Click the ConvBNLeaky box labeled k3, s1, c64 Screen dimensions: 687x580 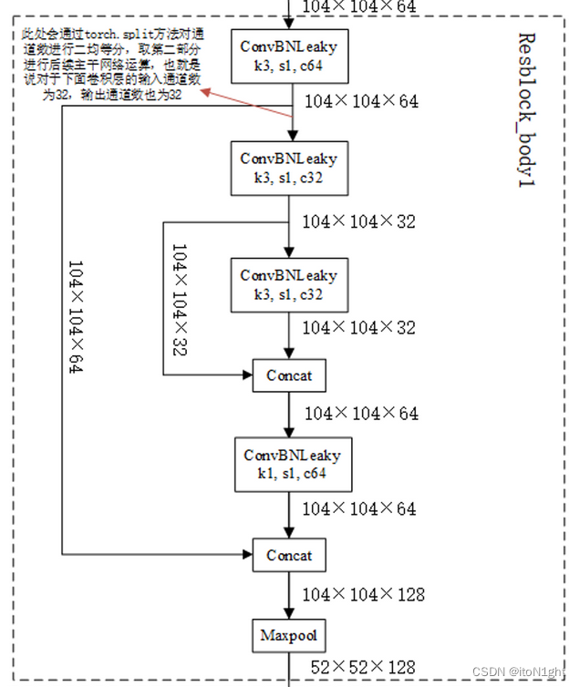[x=288, y=55]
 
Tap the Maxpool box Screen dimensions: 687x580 [x=288, y=635]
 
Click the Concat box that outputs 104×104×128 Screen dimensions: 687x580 [x=288, y=555]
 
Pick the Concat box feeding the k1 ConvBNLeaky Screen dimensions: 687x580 [x=288, y=374]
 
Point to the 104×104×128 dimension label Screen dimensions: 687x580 [x=364, y=595]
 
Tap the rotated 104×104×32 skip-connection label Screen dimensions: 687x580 [x=179, y=299]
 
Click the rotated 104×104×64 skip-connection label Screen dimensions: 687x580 [x=76, y=316]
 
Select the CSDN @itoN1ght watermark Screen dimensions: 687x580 [x=522, y=672]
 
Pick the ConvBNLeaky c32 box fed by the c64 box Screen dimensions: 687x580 [x=288, y=168]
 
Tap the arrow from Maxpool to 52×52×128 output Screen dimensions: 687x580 [x=288, y=668]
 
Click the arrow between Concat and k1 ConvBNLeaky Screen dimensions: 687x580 [x=288, y=415]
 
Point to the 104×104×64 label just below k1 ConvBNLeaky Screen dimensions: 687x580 [x=360, y=508]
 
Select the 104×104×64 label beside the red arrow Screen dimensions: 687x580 [x=361, y=101]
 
